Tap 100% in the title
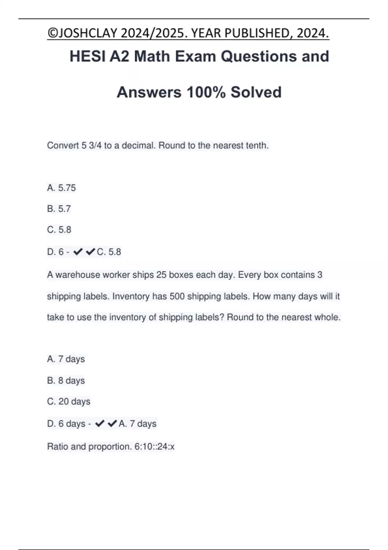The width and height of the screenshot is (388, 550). click(206, 93)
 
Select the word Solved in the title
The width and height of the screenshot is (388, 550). click(256, 93)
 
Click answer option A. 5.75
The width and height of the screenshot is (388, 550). click(61, 188)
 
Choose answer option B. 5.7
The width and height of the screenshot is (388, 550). click(59, 209)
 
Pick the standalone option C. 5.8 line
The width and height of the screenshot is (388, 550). click(59, 230)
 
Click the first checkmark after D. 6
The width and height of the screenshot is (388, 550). click(78, 252)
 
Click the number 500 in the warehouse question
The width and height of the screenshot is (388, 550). click(177, 296)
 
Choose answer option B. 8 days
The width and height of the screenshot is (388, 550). click(66, 380)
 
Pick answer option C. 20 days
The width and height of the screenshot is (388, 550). click(69, 401)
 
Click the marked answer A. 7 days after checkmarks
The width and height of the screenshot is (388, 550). click(137, 423)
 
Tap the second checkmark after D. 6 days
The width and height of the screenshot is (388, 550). click(112, 423)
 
